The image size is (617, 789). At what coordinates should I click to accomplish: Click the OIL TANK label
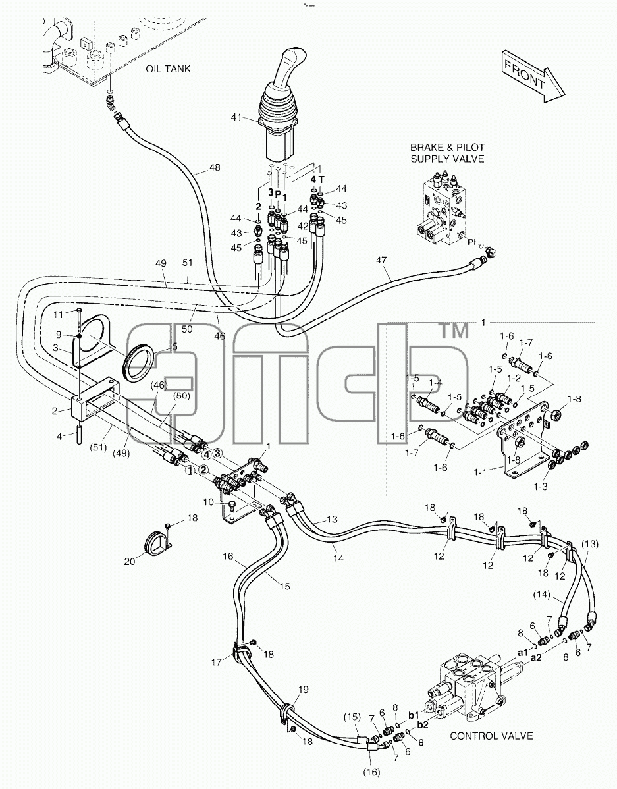[168, 69]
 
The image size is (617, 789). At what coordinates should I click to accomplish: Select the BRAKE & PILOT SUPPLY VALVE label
[447, 153]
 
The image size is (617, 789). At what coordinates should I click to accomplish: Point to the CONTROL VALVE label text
[491, 736]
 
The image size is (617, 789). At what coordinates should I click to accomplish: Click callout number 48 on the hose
[215, 167]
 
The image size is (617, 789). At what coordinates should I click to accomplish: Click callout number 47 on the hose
[381, 260]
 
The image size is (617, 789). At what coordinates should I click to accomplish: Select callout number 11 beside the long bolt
[59, 315]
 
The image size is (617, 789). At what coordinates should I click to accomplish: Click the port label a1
[522, 652]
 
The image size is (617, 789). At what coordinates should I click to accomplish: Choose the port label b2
[423, 725]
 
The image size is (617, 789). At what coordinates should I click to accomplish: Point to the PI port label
[471, 242]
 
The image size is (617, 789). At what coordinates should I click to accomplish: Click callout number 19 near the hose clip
[303, 690]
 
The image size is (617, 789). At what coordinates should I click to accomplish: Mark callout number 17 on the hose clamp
[216, 662]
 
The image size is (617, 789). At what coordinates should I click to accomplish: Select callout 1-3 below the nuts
[541, 486]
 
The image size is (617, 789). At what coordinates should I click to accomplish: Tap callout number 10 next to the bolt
[209, 503]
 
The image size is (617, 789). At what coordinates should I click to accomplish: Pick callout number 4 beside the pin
[59, 436]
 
